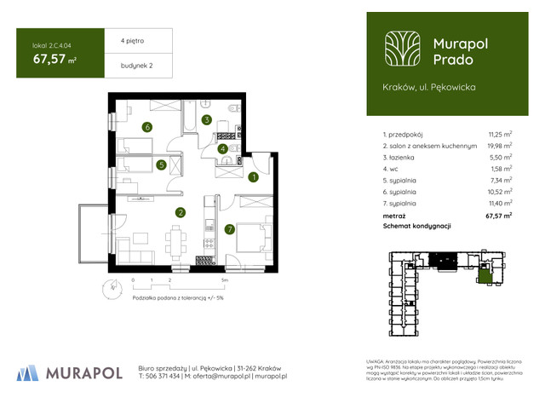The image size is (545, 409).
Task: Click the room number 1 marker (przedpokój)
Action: [x=253, y=178]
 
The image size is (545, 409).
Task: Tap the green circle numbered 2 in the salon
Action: [x=181, y=213]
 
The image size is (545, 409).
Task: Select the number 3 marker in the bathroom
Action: [x=207, y=120]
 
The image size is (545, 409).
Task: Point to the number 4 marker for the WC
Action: [x=222, y=149]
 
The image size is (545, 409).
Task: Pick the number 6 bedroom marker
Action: [x=147, y=128]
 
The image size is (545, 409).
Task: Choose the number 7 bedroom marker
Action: [x=229, y=229]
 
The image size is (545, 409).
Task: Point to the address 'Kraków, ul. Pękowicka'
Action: [x=430, y=87]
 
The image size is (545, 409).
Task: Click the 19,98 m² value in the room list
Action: [x=499, y=146]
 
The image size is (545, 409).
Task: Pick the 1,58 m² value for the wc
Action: [x=502, y=170]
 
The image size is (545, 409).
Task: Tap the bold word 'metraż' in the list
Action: [x=397, y=216]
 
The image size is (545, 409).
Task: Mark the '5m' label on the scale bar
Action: [x=225, y=279]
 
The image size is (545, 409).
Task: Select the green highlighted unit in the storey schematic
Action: [x=485, y=275]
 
